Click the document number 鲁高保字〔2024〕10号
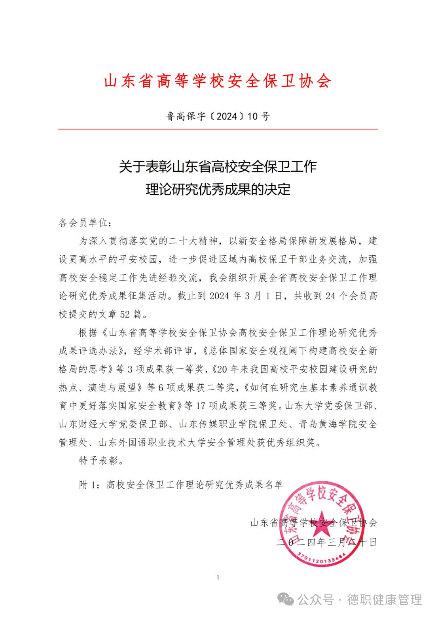pos(218,116)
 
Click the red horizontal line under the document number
pos(218,129)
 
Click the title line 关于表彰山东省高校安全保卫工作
pos(218,167)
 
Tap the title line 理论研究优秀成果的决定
pos(218,190)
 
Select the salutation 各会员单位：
pos(82,223)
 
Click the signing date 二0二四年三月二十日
pos(327,542)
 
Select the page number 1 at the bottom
pos(218,577)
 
